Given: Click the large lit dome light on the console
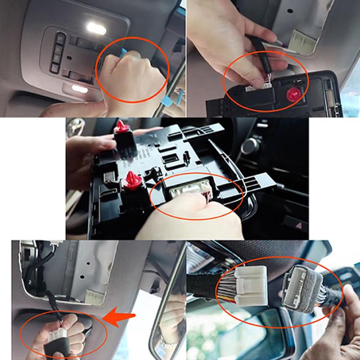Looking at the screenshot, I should click(97, 29).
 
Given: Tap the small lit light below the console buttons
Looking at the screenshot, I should click(79, 89).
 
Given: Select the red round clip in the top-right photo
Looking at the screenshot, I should click(293, 94).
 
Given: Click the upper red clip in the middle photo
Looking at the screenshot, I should click(121, 127).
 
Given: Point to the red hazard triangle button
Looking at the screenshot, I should click(299, 226).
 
